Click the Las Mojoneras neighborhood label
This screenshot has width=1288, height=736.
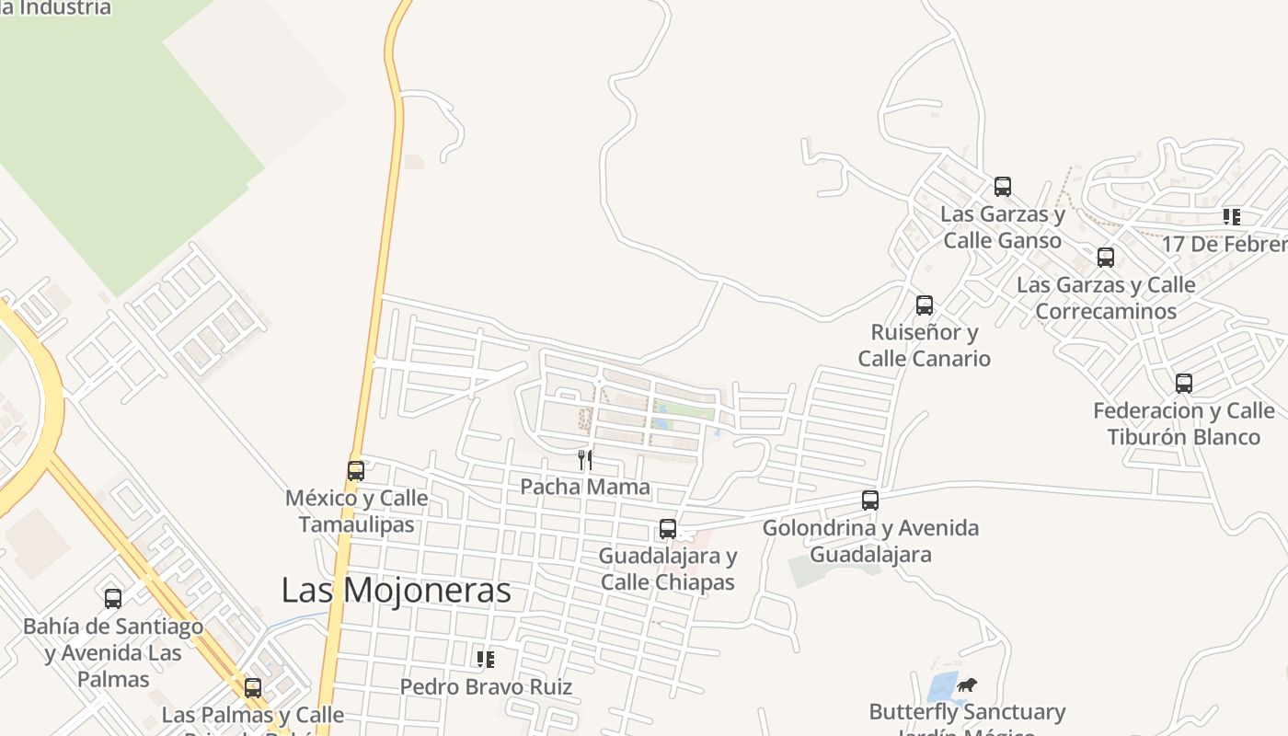(396, 590)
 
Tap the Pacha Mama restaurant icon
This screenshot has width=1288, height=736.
(585, 459)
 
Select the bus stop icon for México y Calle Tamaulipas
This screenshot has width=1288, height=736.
(356, 471)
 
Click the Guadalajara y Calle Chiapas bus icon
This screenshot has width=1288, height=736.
(668, 530)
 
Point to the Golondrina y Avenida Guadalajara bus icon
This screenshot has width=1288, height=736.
(870, 500)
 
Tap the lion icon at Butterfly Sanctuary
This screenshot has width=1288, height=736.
(966, 684)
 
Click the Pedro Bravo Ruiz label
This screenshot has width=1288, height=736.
(486, 686)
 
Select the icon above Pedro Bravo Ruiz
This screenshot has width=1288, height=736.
(486, 659)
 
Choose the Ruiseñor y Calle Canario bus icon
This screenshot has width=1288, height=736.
(925, 305)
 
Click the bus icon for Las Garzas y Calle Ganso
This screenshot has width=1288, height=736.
(1003, 187)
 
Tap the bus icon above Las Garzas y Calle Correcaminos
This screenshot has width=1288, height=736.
(1106, 258)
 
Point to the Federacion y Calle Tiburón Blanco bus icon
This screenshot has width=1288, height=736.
(1184, 384)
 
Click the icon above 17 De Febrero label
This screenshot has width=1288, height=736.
(1231, 217)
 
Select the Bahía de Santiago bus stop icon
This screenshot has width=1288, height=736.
(113, 599)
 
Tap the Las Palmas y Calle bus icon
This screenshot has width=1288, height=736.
(253, 688)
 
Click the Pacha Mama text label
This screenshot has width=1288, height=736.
(585, 487)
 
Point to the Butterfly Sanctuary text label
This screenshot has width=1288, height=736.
(967, 712)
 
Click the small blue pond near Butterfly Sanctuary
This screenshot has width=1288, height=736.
(941, 688)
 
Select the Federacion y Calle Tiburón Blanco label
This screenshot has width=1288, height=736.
(1184, 423)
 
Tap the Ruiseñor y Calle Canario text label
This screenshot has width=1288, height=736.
(925, 345)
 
